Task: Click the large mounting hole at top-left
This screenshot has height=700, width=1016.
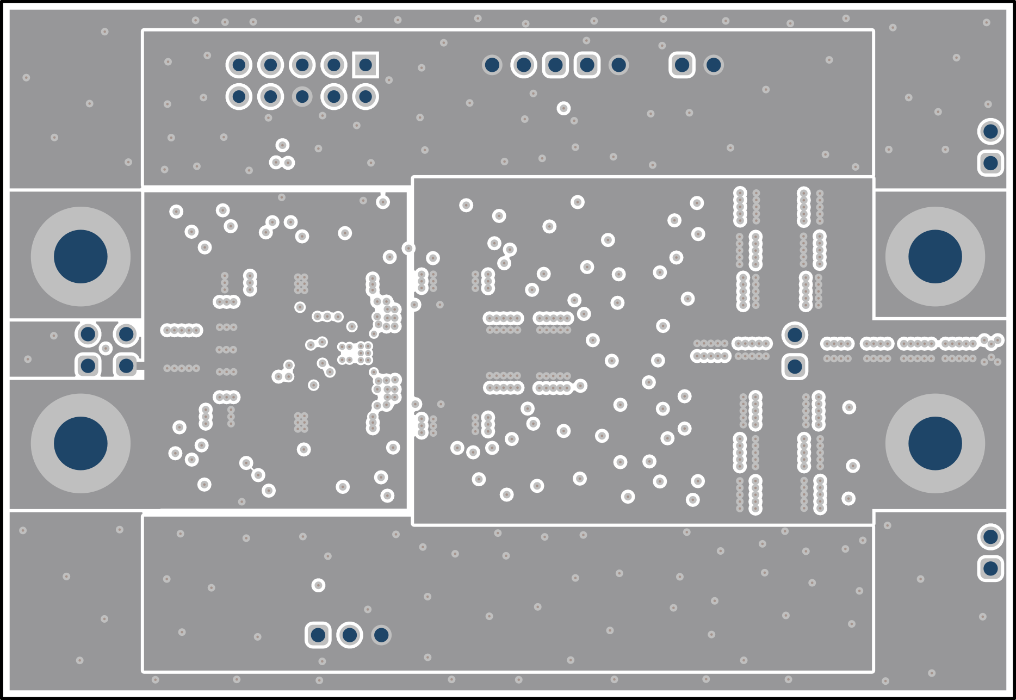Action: pyautogui.click(x=80, y=256)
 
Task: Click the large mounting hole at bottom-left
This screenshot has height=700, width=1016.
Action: pyautogui.click(x=80, y=443)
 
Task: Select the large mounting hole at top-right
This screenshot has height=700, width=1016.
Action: pyautogui.click(x=935, y=256)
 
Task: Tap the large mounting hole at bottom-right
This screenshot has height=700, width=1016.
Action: pyautogui.click(x=935, y=443)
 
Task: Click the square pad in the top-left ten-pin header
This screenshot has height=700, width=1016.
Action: pyautogui.click(x=365, y=65)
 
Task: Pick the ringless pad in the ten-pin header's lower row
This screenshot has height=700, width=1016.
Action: pyautogui.click(x=302, y=97)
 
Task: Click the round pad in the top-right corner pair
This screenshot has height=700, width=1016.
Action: pyautogui.click(x=990, y=131)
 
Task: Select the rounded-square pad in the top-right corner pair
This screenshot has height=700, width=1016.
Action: pyautogui.click(x=990, y=163)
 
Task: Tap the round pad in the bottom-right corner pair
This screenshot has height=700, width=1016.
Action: pyautogui.click(x=990, y=537)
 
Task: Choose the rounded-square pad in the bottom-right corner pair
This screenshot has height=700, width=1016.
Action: pyautogui.click(x=990, y=568)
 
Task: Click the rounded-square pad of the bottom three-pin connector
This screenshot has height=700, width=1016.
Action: pyautogui.click(x=318, y=635)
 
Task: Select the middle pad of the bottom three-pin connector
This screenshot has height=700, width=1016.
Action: pyautogui.click(x=350, y=635)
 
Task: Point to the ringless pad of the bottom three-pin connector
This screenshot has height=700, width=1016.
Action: pyautogui.click(x=381, y=635)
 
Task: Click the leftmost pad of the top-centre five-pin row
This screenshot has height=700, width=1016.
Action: pyautogui.click(x=492, y=65)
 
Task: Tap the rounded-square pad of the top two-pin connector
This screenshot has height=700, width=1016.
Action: pyautogui.click(x=682, y=65)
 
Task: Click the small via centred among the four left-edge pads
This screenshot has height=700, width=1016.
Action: pyautogui.click(x=106, y=349)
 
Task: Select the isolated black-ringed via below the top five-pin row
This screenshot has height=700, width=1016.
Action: pyautogui.click(x=563, y=108)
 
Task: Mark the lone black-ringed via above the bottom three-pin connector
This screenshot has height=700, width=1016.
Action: pyautogui.click(x=318, y=585)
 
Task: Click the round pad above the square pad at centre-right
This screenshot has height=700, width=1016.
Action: pyautogui.click(x=795, y=334)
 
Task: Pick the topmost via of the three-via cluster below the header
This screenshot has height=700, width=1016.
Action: pyautogui.click(x=282, y=145)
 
